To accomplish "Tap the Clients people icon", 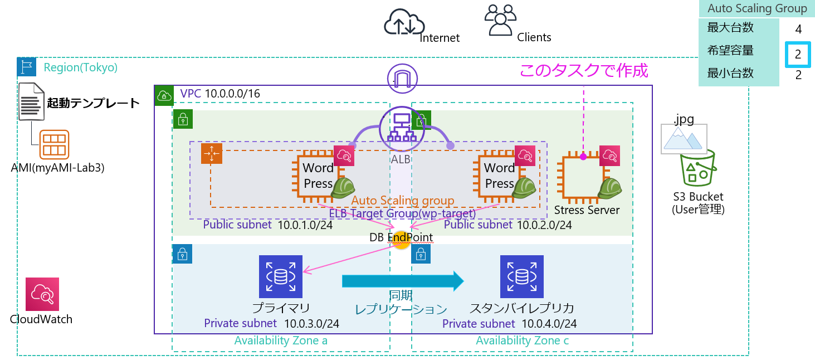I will [x=500, y=21].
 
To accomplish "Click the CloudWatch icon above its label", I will [x=42, y=294].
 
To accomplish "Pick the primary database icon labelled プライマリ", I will [x=281, y=276].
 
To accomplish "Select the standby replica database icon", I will [x=521, y=276].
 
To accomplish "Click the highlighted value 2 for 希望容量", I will [x=798, y=55].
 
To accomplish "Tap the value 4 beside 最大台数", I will [x=798, y=30].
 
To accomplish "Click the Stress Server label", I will [x=587, y=210].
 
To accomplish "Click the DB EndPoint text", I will [x=401, y=237].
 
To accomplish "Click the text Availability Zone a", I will [x=281, y=340].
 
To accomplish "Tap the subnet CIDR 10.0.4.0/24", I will [x=549, y=323].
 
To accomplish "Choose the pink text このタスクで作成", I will [x=584, y=71].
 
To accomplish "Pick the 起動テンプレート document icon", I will [x=31, y=101].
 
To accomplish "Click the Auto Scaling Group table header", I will [x=757, y=8].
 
